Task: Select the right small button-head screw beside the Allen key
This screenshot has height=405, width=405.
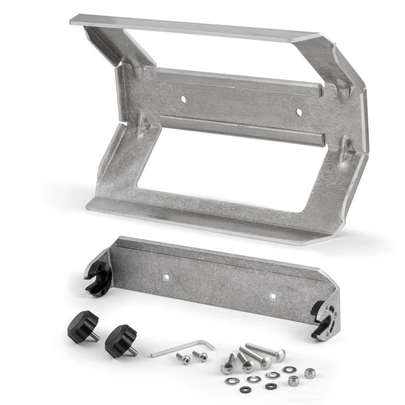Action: click(200, 356)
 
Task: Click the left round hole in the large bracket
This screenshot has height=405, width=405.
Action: click(183, 98)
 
